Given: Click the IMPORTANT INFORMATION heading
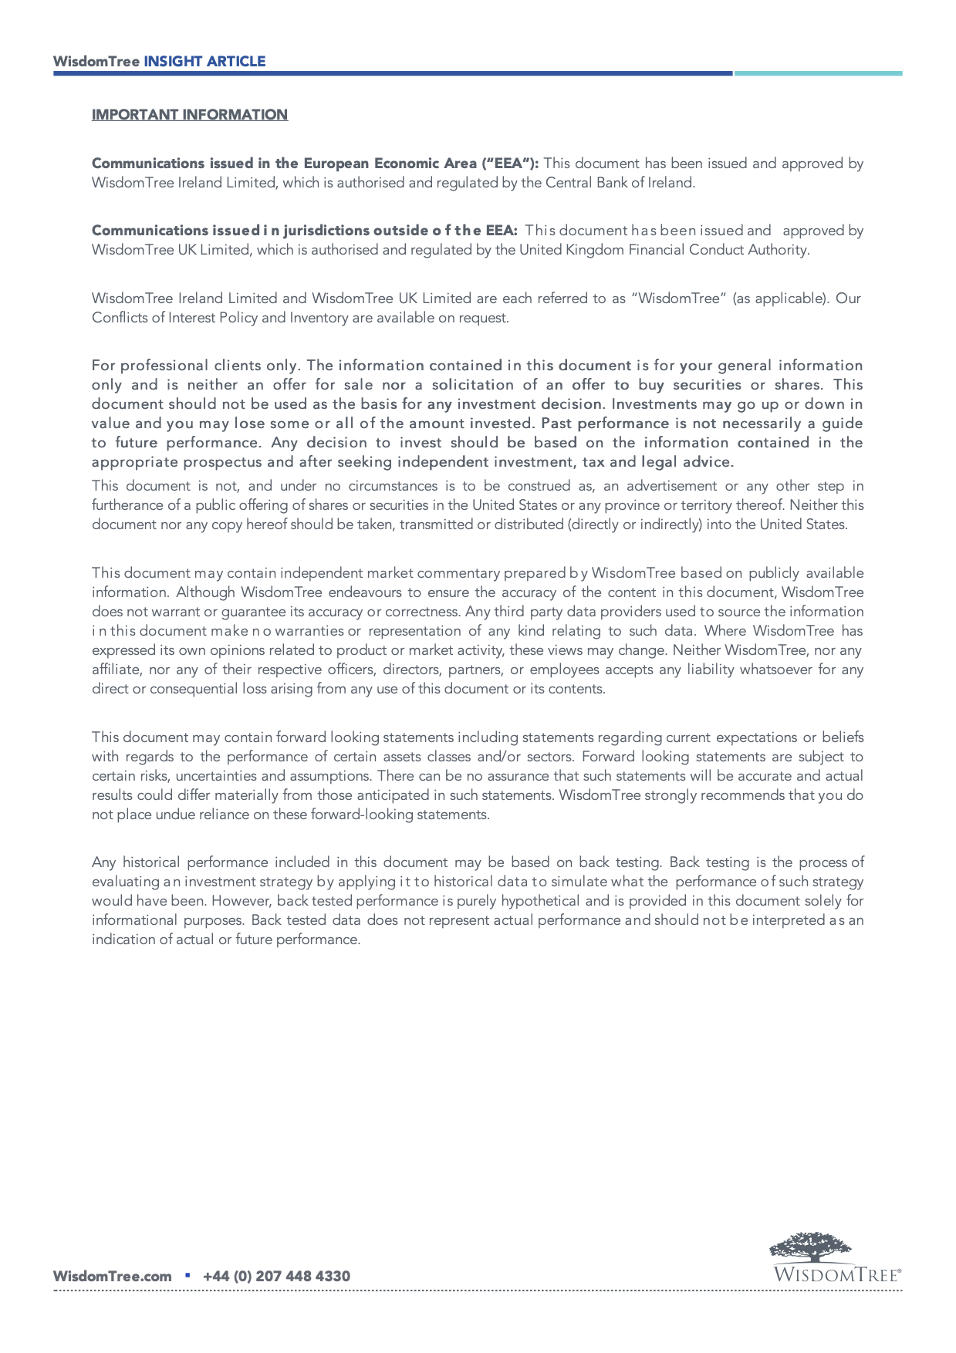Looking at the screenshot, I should (x=189, y=115).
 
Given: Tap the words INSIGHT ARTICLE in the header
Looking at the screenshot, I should (x=204, y=62).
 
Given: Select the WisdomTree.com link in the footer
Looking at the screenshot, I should (x=112, y=1276).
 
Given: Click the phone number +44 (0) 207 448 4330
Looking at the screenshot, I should (x=276, y=1276).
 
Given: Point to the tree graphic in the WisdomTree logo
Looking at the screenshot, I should (x=810, y=1247).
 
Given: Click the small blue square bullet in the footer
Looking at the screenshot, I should (x=187, y=1275).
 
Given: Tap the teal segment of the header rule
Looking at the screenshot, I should (x=817, y=73).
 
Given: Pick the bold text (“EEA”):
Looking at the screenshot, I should (x=510, y=164).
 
